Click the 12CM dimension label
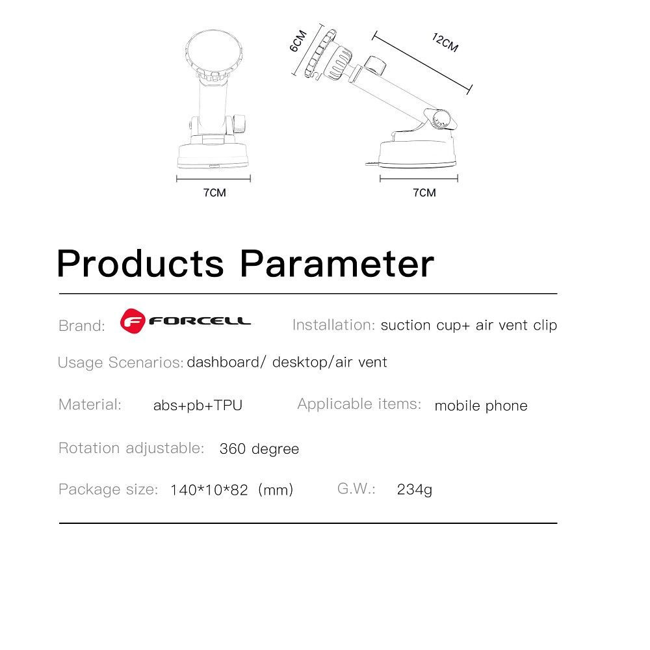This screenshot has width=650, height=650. pos(445,43)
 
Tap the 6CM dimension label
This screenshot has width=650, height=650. pos(298,40)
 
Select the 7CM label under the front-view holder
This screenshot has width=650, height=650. pos(214,193)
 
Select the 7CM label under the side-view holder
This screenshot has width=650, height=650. pos(424,193)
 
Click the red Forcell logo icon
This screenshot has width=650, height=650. pos(133,321)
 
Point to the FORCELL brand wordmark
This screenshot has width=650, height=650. pos(200,321)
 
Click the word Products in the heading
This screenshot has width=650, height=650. pos(140,264)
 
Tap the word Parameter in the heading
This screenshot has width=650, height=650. pos(337,264)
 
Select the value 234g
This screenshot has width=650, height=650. pos(415,489)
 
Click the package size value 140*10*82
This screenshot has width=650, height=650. pos(209,490)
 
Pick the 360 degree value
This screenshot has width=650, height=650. pos(259,449)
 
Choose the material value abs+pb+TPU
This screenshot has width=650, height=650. pos(198,406)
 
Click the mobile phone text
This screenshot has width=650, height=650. pos(481,406)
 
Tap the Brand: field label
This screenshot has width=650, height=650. pos(82,326)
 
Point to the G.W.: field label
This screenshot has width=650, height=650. pos(356,489)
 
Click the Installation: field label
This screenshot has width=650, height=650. pos(333,325)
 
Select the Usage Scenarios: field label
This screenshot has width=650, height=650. pos(121,363)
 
